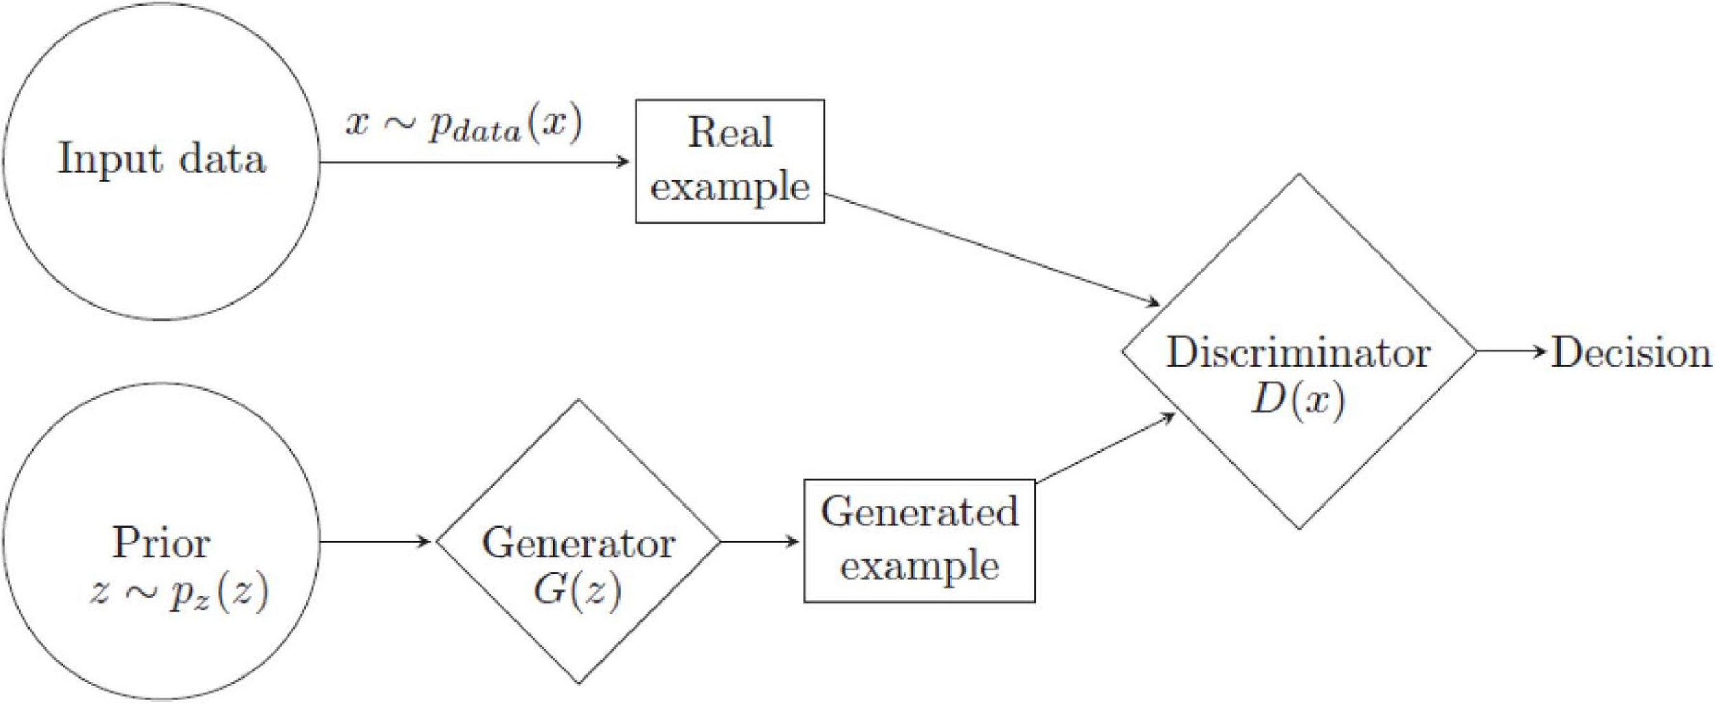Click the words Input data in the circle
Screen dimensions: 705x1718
pyautogui.click(x=161, y=159)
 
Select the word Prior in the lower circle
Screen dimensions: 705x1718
pyautogui.click(x=161, y=543)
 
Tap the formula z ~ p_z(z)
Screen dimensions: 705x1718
pyautogui.click(x=179, y=592)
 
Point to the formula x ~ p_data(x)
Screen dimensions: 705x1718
pyautogui.click(x=464, y=125)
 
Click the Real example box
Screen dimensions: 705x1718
pyautogui.click(x=729, y=161)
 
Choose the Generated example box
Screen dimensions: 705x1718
pyautogui.click(x=919, y=541)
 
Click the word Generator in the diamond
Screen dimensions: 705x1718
pyautogui.click(x=578, y=543)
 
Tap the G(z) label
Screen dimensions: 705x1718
pyautogui.click(x=577, y=589)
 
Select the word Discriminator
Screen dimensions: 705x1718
pyautogui.click(x=1298, y=353)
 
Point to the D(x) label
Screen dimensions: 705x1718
pyautogui.click(x=1297, y=399)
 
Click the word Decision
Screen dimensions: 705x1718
pyautogui.click(x=1631, y=353)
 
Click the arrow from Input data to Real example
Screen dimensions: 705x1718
pyautogui.click(x=474, y=162)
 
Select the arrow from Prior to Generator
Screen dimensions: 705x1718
pyautogui.click(x=375, y=542)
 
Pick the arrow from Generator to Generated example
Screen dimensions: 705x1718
pyautogui.click(x=759, y=542)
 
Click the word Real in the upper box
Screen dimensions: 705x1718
pyautogui.click(x=730, y=132)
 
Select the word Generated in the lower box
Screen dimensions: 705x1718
pyautogui.click(x=919, y=512)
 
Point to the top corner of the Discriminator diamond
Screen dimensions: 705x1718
pyautogui.click(x=1298, y=175)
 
